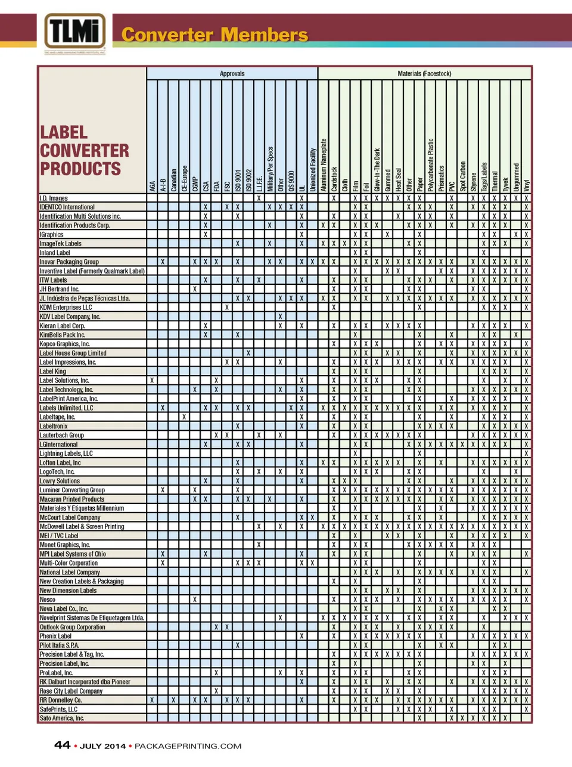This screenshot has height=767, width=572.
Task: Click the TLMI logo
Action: (x=74, y=32)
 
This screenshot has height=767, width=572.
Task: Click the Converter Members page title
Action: (x=214, y=35)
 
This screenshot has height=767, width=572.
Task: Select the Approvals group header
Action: (x=232, y=74)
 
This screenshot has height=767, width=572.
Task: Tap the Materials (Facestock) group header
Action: (x=424, y=74)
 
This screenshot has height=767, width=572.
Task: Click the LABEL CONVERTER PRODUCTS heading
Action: (x=84, y=151)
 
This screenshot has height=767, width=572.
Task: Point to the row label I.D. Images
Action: (x=54, y=198)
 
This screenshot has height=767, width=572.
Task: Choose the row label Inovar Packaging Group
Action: (x=69, y=262)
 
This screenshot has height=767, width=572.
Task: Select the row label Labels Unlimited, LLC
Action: (x=66, y=408)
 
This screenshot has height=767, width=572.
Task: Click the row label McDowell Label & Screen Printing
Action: (x=82, y=526)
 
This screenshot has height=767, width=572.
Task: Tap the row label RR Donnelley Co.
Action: (x=60, y=700)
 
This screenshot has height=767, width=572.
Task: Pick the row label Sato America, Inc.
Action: (x=61, y=718)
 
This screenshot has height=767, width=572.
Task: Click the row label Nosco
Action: (x=48, y=600)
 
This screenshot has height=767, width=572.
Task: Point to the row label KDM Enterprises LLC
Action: (x=66, y=308)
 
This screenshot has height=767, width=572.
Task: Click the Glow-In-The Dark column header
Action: (x=377, y=170)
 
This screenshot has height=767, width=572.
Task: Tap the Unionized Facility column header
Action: (x=313, y=170)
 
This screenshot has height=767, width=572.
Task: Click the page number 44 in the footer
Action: (x=62, y=745)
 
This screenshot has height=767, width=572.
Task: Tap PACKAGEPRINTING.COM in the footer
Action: (x=188, y=746)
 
